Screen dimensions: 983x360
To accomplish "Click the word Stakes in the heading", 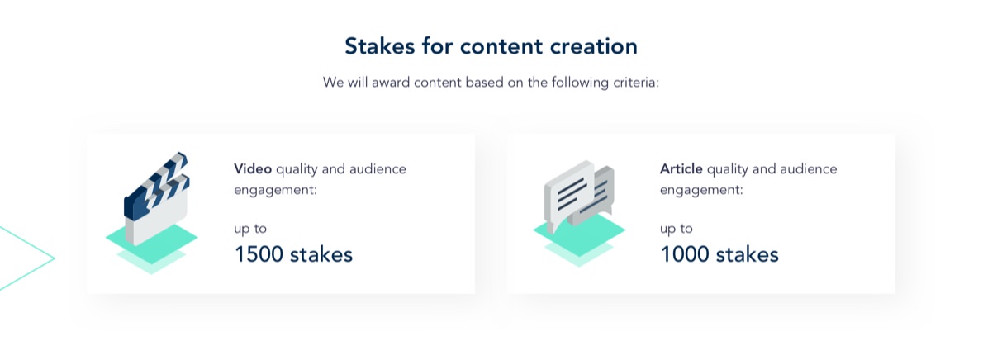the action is (x=378, y=46).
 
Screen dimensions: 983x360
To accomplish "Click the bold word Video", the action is (x=253, y=168).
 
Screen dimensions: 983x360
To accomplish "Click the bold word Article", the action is (x=681, y=168).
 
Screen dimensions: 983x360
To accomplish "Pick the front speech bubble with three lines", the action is (x=568, y=195).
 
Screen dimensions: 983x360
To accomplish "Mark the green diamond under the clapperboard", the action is (x=151, y=239).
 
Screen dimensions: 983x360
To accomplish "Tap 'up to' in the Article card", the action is (x=677, y=228).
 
